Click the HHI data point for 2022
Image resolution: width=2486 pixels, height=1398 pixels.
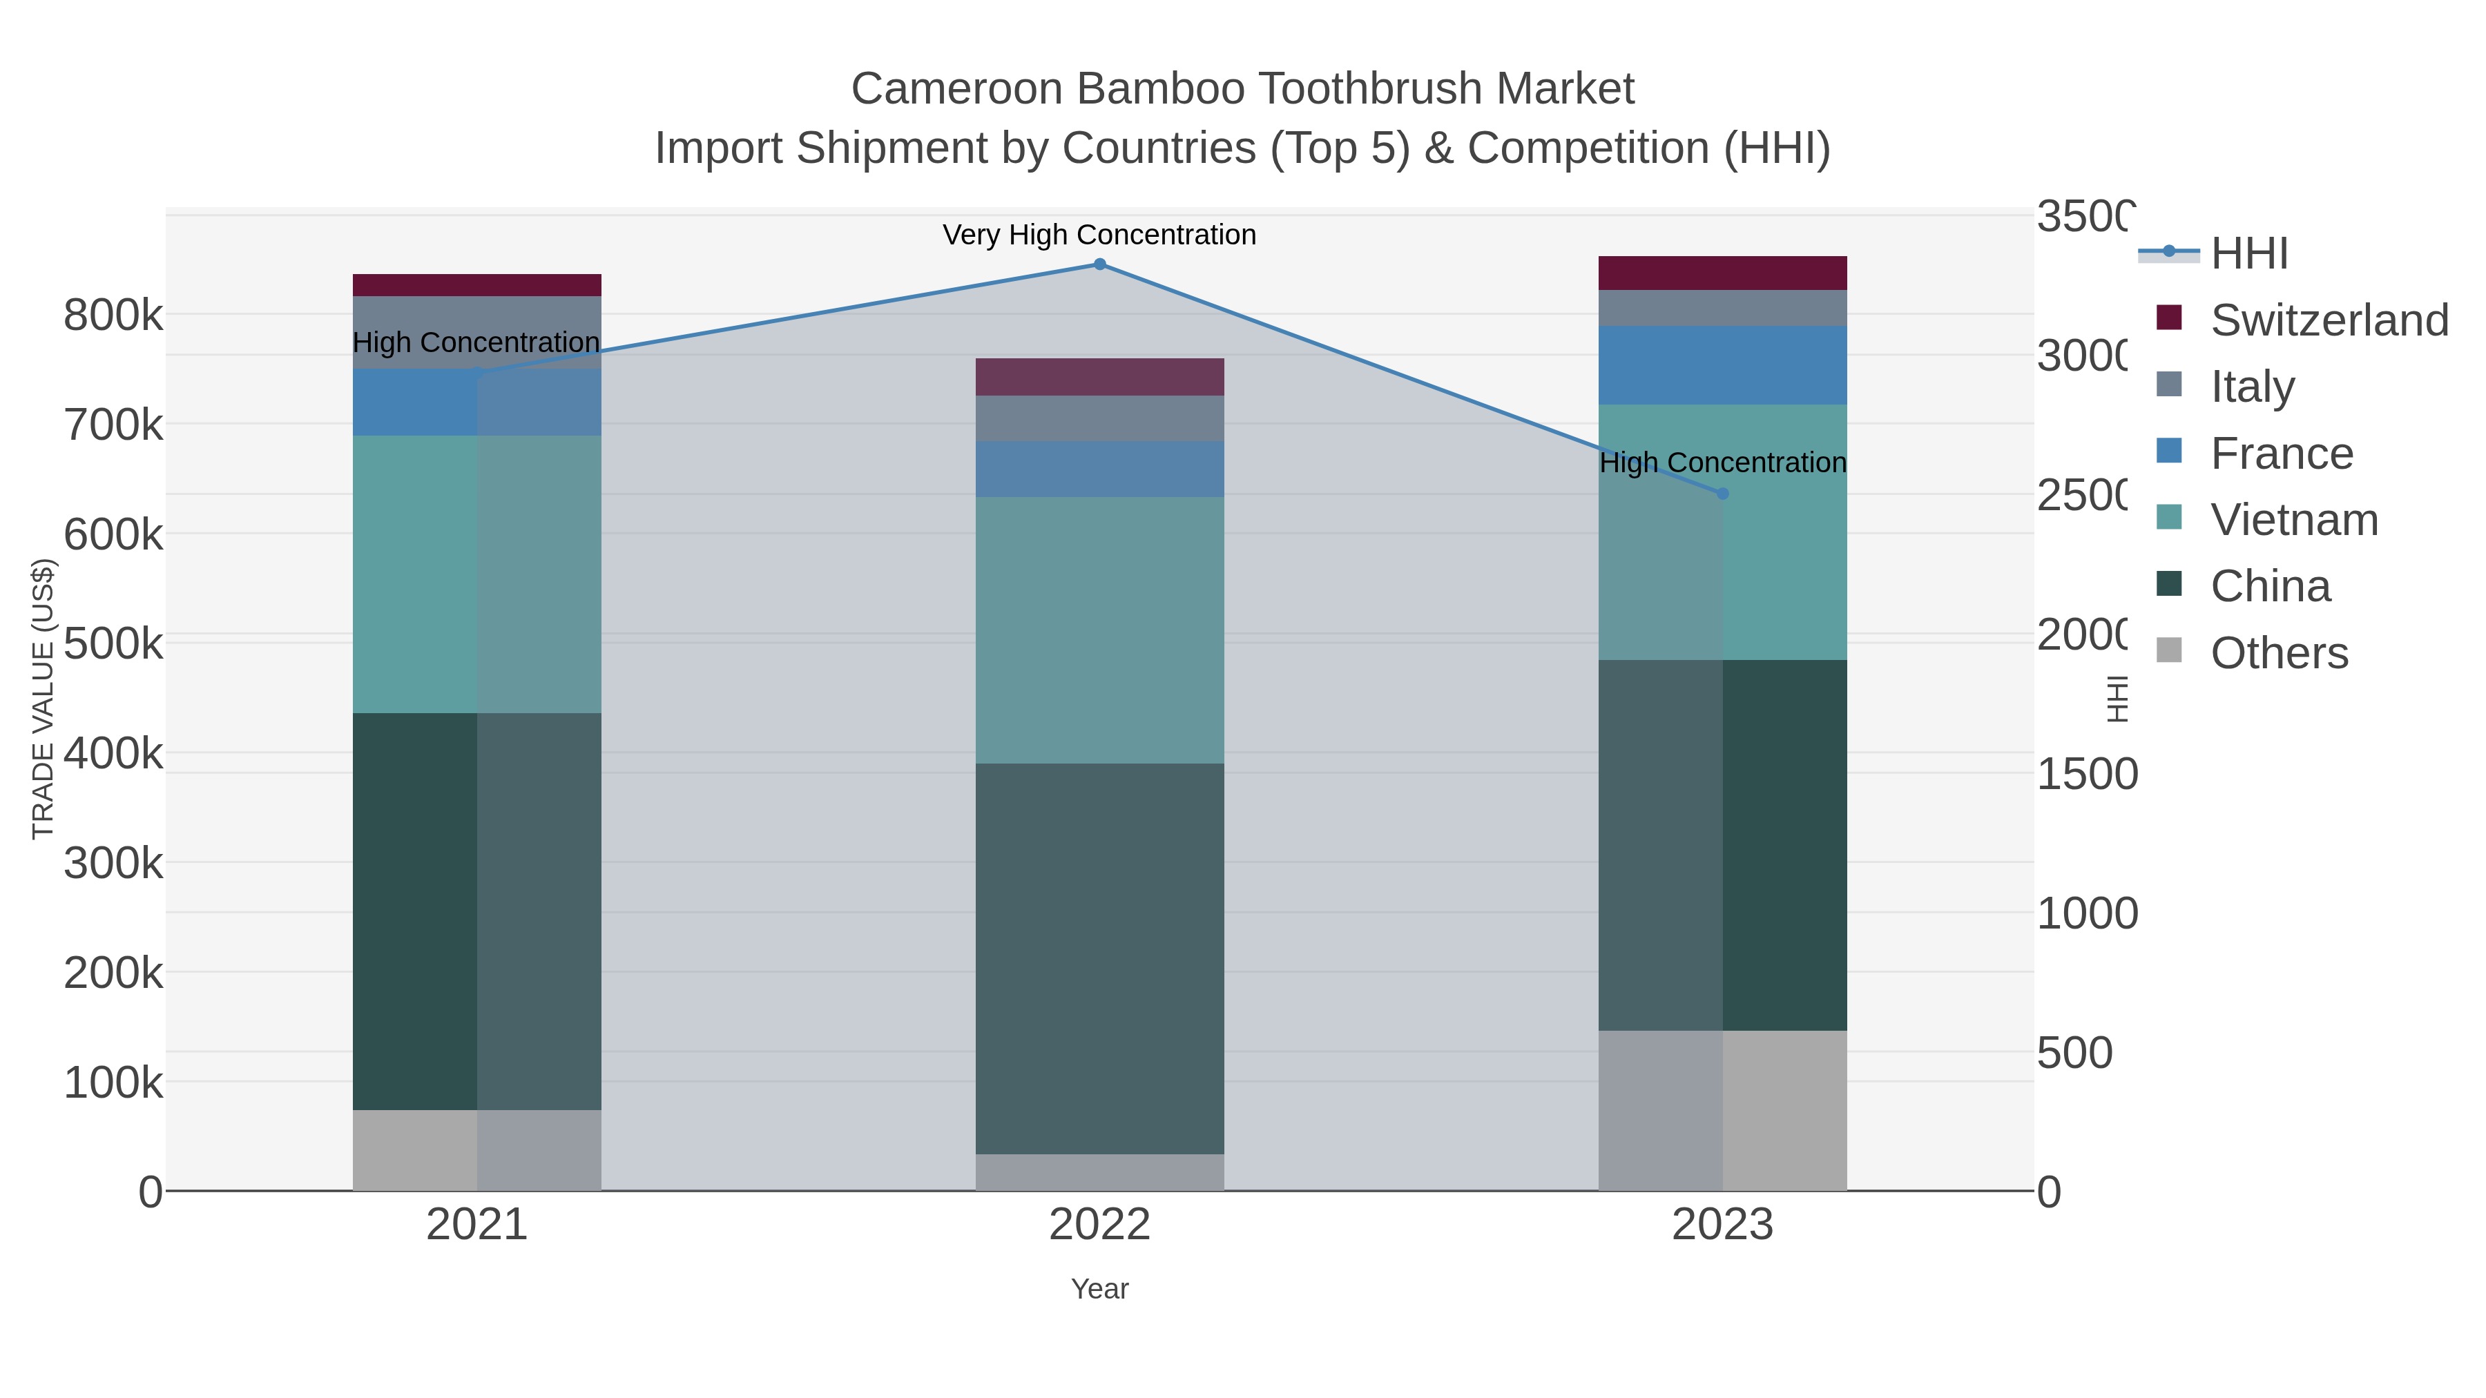(1099, 264)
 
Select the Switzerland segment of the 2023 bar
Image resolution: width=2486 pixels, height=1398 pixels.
(1723, 273)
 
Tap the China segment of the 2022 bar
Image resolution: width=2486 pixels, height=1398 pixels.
(1099, 958)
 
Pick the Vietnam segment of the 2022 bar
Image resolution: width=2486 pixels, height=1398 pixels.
(1099, 630)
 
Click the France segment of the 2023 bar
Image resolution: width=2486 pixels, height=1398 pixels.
(1723, 365)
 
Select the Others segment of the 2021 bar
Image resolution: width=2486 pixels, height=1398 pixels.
(476, 1150)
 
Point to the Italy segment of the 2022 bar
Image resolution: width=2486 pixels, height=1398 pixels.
(1099, 418)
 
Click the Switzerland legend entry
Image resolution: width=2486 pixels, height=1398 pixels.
(2329, 320)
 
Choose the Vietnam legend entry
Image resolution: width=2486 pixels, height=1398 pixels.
(2294, 520)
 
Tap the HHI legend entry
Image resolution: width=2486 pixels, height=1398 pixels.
(2248, 254)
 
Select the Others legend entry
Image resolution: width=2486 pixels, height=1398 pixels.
(2279, 653)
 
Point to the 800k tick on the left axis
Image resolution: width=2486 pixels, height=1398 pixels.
(113, 315)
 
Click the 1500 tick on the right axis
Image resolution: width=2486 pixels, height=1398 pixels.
(2086, 775)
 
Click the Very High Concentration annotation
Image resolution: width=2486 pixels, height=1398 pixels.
(1099, 235)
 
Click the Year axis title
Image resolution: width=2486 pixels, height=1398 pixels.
(1099, 1289)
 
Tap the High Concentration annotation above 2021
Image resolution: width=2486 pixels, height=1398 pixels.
(476, 342)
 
